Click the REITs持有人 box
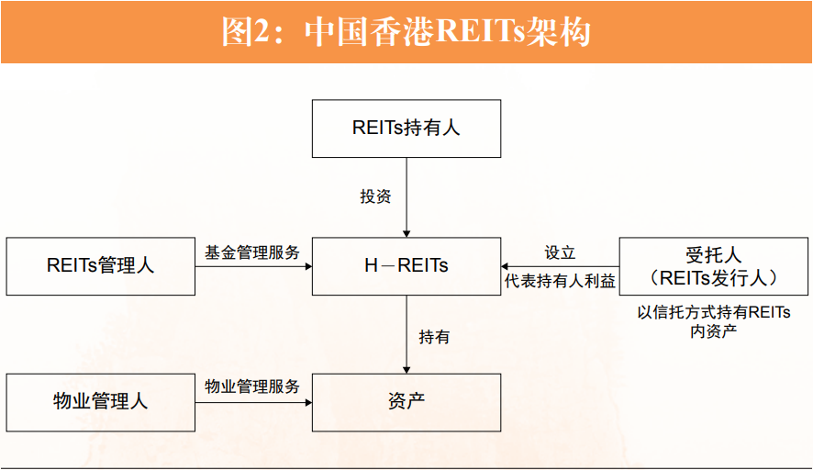click(x=406, y=129)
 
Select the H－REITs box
click(x=406, y=266)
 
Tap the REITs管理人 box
click(x=100, y=266)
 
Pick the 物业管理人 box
click(x=100, y=402)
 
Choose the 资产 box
click(x=406, y=402)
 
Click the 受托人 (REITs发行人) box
click(x=713, y=266)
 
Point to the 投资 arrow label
click(x=375, y=196)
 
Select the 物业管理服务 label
click(x=252, y=386)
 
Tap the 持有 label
click(x=434, y=337)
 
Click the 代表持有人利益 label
click(x=560, y=282)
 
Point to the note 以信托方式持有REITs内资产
click(x=713, y=321)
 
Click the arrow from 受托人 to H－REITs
click(x=560, y=266)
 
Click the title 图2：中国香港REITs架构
click(x=406, y=32)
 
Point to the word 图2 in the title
click(x=243, y=32)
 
